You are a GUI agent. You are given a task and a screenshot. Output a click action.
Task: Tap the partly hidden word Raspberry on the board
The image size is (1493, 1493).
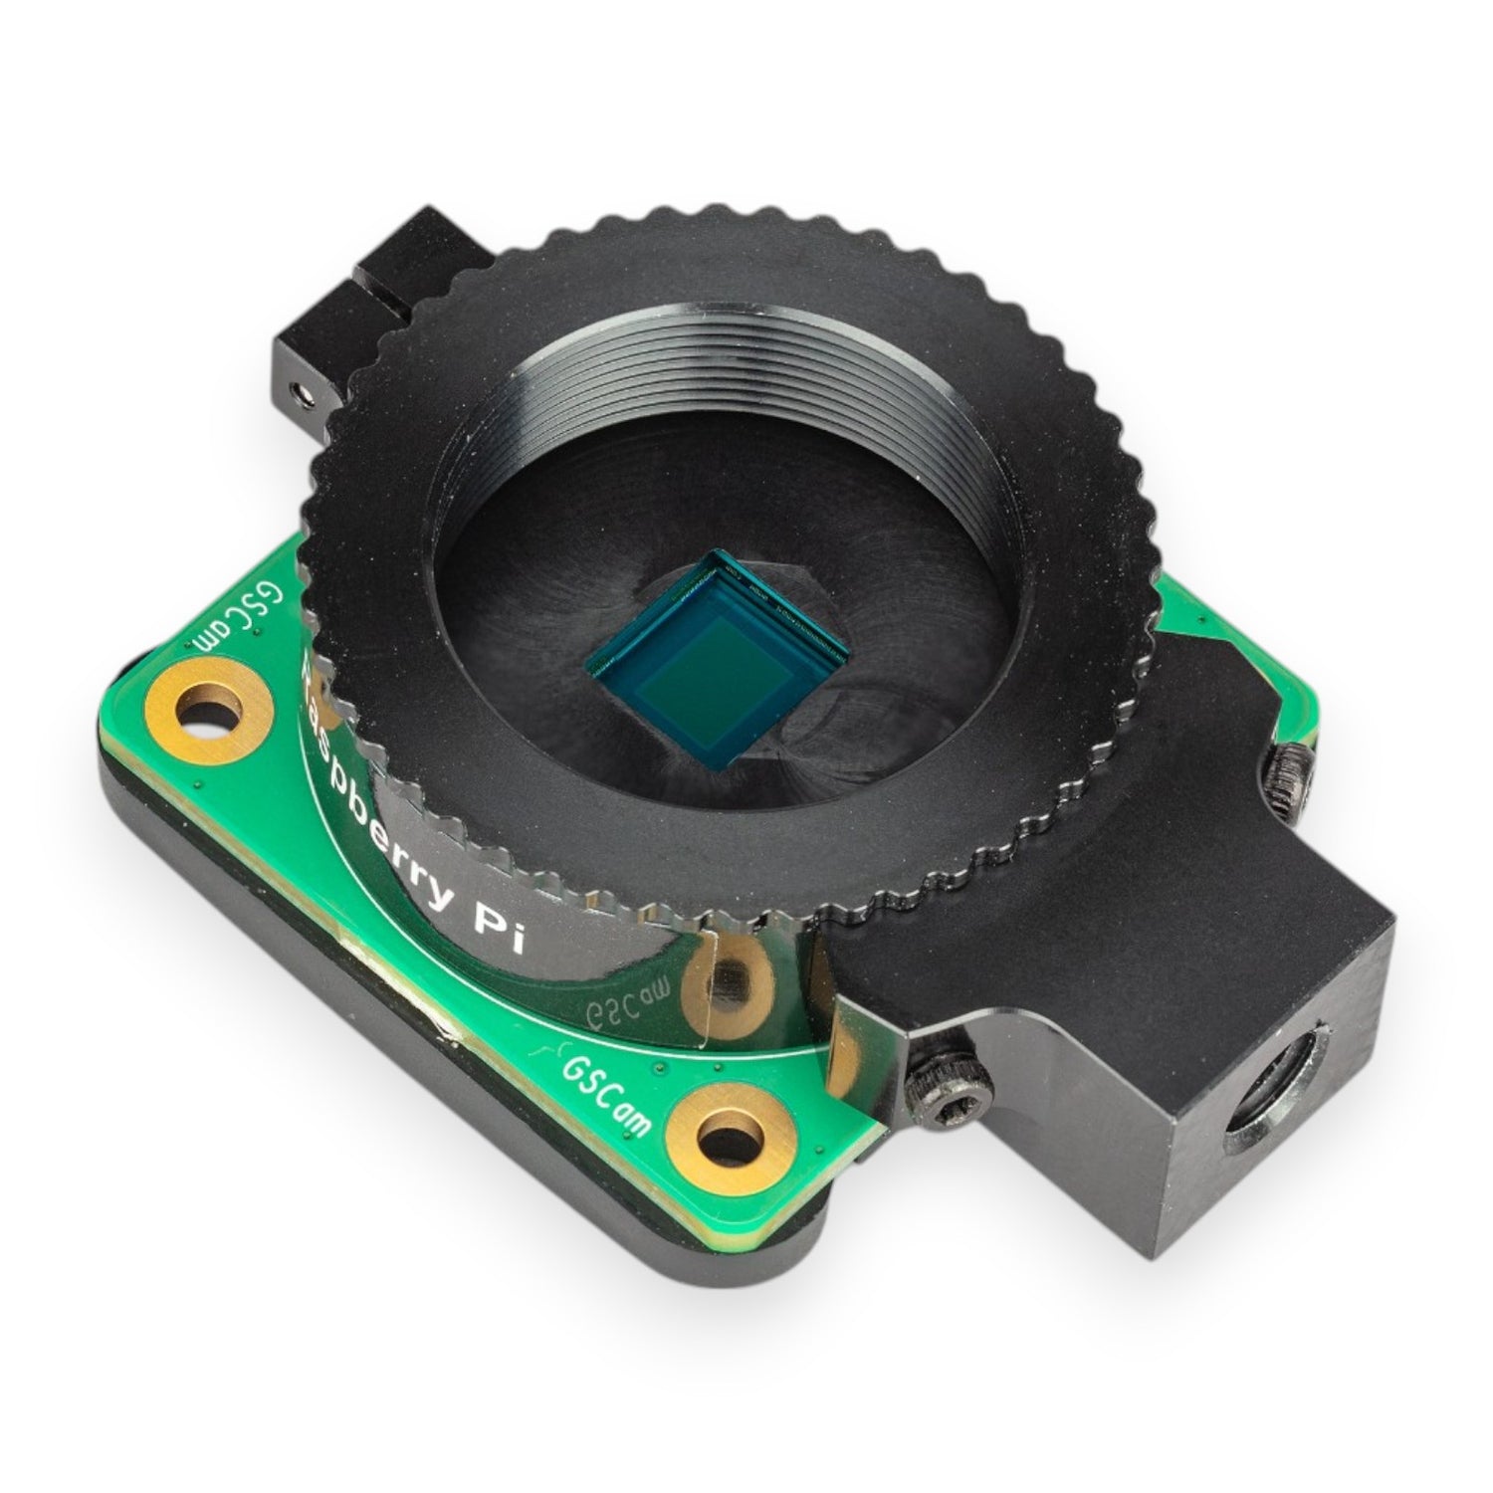(x=368, y=796)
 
